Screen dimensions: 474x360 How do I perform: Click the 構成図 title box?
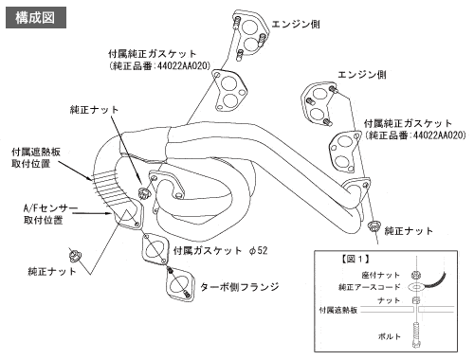36,18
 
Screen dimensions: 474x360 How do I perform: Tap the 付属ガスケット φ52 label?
220,251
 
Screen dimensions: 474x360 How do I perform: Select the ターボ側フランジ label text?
240,287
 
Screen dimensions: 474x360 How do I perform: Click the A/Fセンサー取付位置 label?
50,214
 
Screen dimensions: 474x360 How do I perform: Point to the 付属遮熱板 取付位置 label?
36,157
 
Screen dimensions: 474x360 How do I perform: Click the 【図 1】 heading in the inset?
355,260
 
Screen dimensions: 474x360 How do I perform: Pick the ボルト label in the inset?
390,336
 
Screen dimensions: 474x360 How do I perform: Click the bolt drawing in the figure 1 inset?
416,334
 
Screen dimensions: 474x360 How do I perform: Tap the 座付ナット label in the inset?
381,275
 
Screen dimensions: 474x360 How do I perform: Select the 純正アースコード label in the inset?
370,287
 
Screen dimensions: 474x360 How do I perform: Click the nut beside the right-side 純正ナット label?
374,226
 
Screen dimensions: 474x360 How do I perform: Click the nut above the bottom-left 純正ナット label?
75,256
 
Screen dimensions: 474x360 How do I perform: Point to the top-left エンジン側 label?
296,24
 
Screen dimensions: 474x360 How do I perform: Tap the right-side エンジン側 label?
362,75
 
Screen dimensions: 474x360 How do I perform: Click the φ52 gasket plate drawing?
155,248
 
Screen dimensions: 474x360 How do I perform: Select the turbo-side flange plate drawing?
179,284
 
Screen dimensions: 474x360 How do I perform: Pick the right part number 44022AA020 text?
440,135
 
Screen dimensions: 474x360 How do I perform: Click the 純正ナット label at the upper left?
94,110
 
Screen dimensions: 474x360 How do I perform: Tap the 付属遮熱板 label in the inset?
338,310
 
